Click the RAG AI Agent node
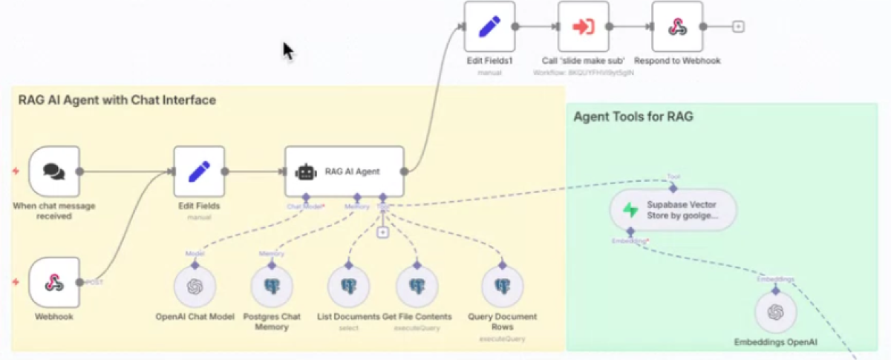tap(345, 171)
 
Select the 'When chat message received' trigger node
tap(54, 171)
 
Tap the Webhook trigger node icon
tap(54, 282)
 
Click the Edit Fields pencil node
tap(199, 171)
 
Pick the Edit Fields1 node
tap(489, 26)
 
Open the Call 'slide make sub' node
tap(583, 26)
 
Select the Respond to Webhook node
tap(677, 26)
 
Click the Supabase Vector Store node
tap(673, 210)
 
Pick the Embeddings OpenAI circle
tap(776, 311)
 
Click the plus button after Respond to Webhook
tap(737, 26)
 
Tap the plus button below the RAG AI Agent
tap(382, 232)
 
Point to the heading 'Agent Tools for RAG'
tap(633, 117)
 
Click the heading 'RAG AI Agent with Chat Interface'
tap(117, 99)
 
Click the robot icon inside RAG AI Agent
tap(306, 171)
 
